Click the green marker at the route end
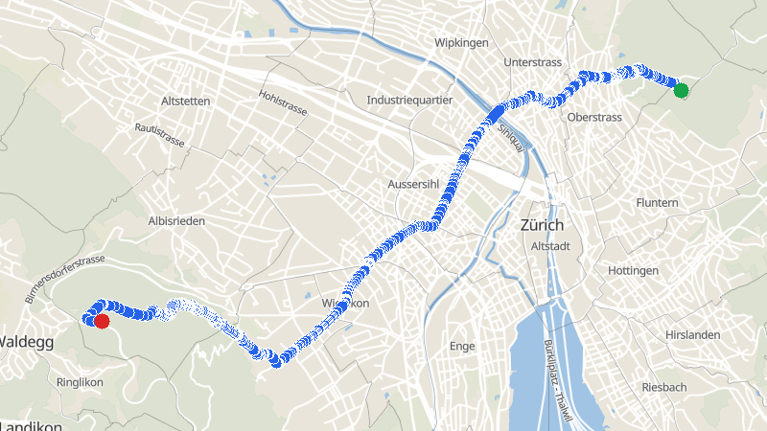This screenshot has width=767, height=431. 681,91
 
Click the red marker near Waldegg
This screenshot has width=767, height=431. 102,321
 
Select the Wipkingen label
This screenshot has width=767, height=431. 461,43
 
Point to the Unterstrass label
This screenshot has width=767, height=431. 530,62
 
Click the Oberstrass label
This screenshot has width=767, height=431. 594,117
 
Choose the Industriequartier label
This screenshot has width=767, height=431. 409,101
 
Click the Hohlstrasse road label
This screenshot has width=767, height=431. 283,103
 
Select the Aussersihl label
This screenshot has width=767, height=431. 413,184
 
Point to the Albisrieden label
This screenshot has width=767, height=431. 176,221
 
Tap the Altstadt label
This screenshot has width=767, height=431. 550,246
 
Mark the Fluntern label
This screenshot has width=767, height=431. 657,203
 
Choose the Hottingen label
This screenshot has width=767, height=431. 633,271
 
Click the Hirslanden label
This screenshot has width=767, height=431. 692,335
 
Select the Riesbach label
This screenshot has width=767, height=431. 663,387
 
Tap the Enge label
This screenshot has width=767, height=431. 462,346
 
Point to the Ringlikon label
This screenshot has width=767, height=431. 80,381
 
